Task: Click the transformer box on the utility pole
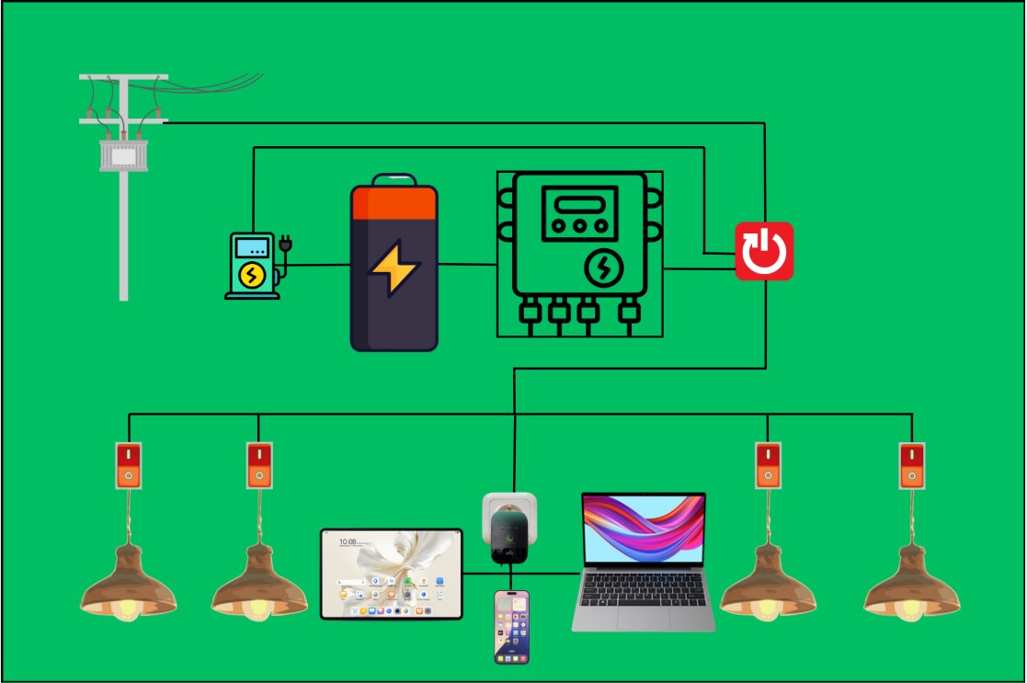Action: [123, 154]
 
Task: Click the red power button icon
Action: [763, 250]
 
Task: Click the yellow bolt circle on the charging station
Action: [251, 275]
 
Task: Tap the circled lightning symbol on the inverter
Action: [604, 268]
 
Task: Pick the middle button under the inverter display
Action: [576, 225]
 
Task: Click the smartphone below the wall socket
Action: [512, 626]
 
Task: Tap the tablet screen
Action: [392, 574]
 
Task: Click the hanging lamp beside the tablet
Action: [259, 584]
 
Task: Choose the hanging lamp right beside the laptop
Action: [767, 584]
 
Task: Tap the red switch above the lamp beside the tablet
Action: [259, 465]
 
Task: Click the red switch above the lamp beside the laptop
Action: [768, 465]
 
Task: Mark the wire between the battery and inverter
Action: [467, 265]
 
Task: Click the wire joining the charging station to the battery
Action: [317, 266]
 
